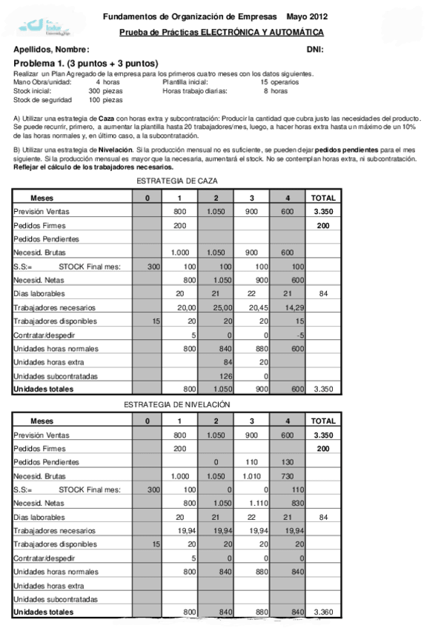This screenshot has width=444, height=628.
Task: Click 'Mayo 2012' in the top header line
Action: click(308, 16)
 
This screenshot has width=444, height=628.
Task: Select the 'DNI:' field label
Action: click(315, 49)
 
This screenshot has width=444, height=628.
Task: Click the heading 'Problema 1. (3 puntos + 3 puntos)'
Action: click(86, 64)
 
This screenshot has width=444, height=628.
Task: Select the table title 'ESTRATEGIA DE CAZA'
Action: click(177, 181)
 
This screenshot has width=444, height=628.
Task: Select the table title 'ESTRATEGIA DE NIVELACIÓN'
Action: click(177, 404)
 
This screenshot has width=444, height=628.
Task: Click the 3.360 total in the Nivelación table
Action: click(324, 612)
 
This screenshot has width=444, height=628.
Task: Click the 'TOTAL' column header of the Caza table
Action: click(323, 198)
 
